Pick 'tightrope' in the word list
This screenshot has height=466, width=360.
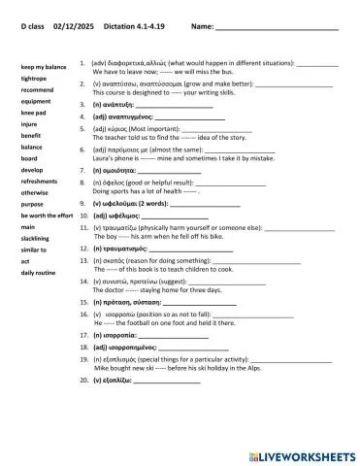pos(34,78)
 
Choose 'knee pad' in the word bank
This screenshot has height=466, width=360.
pos(34,113)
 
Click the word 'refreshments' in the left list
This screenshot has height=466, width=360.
pos(40,181)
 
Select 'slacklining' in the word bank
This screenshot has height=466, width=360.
pos(37,238)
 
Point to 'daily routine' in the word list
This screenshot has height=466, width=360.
pos(40,273)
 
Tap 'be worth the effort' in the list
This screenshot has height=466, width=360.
pos(47,215)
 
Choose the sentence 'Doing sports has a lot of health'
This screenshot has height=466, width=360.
pos(146,192)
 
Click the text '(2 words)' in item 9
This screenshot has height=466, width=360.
pos(152,204)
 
